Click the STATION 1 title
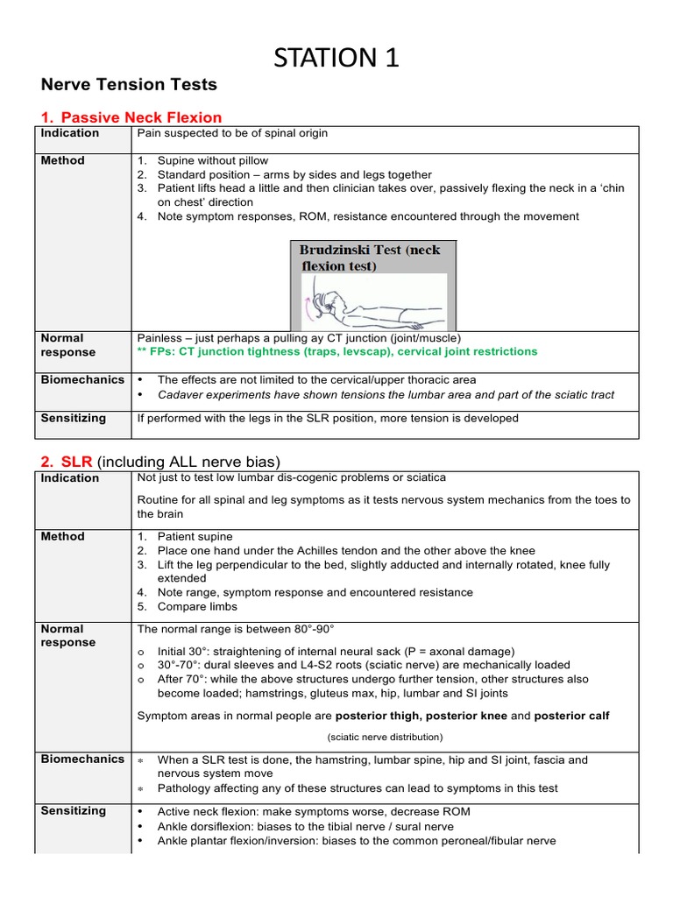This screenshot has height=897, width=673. coord(336,58)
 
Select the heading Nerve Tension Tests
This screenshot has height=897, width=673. coord(129,85)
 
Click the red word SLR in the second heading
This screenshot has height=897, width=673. coord(76,462)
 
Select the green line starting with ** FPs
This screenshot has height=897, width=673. coord(337,351)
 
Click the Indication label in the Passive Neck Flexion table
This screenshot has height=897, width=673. coord(69,133)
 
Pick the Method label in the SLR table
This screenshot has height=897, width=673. coord(62,536)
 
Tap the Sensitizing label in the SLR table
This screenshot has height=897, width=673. coord(73,811)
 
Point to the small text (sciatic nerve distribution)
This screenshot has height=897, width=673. coord(385,737)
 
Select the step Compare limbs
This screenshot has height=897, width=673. coord(197,606)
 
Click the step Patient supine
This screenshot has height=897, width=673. coord(195,536)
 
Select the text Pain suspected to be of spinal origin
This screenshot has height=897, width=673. coord(232,133)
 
